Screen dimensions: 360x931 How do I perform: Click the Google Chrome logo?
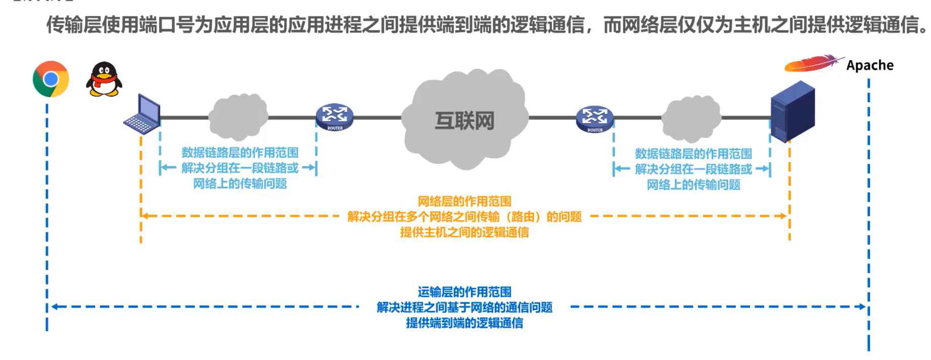click(x=51, y=79)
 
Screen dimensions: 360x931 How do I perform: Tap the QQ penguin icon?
click(x=104, y=79)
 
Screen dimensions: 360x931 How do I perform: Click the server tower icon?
click(x=792, y=111)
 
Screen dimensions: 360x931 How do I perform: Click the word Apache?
click(x=869, y=65)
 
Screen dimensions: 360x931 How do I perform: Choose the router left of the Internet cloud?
click(x=334, y=117)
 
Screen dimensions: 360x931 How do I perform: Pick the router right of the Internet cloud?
click(x=594, y=118)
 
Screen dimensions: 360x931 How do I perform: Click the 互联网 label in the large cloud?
click(x=464, y=121)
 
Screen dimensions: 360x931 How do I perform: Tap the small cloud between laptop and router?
click(x=238, y=117)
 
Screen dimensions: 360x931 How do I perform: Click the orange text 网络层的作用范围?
click(x=464, y=201)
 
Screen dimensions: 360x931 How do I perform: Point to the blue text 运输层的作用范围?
click(x=464, y=292)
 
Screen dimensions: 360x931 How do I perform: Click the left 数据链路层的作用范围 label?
click(x=240, y=152)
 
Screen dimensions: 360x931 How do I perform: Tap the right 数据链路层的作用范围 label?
click(x=693, y=153)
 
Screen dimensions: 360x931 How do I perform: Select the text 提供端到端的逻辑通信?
click(x=464, y=323)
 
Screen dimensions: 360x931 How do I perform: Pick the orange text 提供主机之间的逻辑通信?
click(x=464, y=232)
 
